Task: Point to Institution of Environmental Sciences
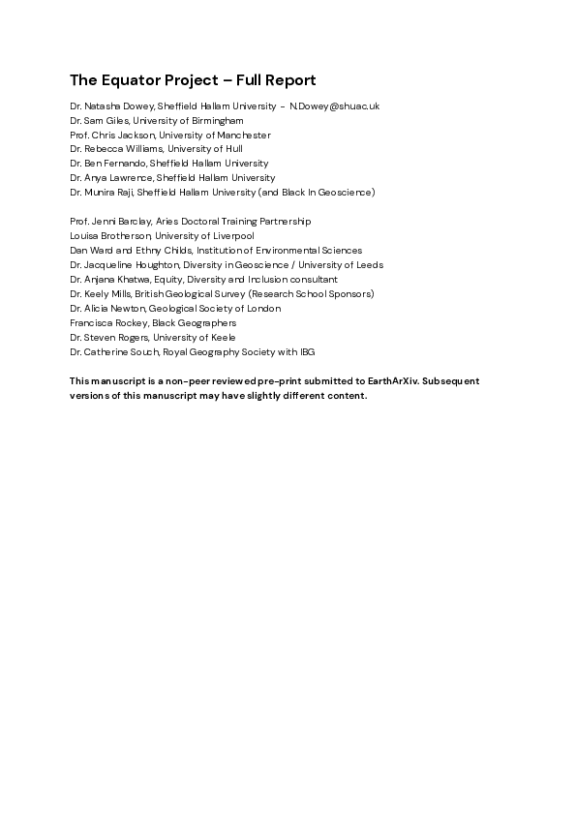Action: pos(280,251)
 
